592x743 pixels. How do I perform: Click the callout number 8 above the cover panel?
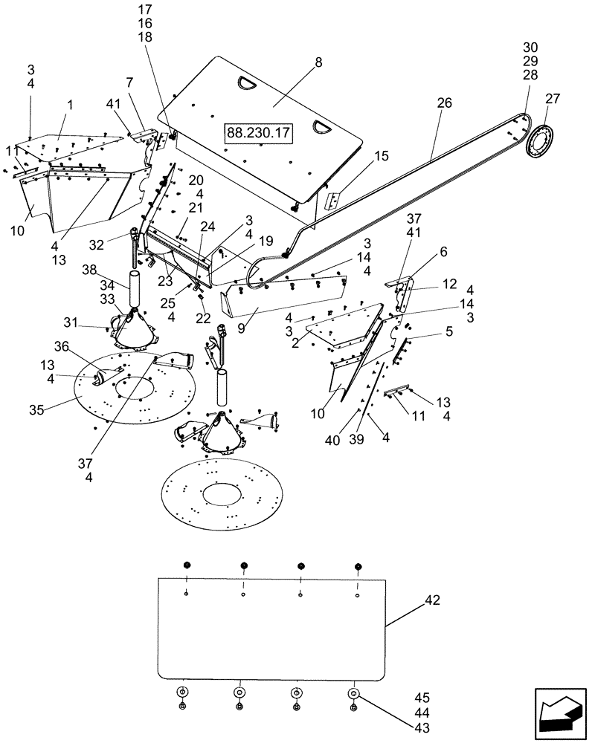pyautogui.click(x=318, y=63)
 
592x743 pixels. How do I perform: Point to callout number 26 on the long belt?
pyautogui.click(x=444, y=103)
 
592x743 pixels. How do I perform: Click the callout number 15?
pyautogui.click(x=382, y=157)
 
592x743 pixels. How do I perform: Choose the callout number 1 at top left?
pyautogui.click(x=71, y=106)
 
